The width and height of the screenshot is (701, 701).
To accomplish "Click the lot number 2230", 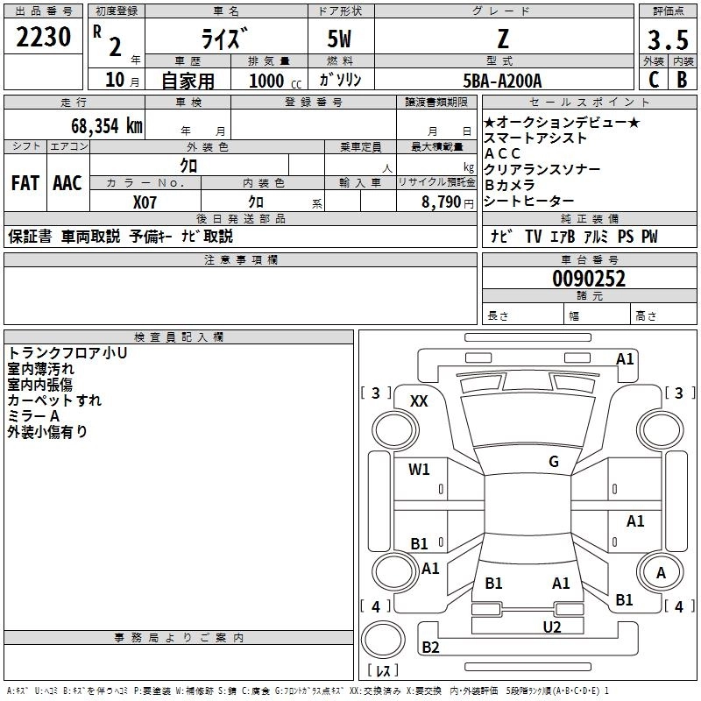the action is [43, 37].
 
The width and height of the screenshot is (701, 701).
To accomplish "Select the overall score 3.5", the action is [668, 39].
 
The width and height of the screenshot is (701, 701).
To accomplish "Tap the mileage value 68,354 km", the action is [107, 126].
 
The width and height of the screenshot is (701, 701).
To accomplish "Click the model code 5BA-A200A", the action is [502, 81].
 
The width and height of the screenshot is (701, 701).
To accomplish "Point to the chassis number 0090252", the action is [589, 279].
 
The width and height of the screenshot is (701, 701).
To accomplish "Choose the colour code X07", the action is [145, 202].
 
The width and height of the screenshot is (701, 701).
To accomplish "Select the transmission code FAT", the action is [25, 183].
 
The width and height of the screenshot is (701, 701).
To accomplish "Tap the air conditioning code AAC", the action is [67, 183].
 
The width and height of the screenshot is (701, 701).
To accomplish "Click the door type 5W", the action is [339, 39].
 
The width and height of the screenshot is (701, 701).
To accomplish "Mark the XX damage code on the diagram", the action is [419, 401].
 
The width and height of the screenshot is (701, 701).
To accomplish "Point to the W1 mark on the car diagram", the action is [419, 469].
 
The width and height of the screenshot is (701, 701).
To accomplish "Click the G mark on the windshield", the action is [554, 461].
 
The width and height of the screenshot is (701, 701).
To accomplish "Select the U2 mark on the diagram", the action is [552, 627].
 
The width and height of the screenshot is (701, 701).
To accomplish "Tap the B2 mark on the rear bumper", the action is [430, 647].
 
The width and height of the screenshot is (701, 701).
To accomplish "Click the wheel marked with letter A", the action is [661, 573].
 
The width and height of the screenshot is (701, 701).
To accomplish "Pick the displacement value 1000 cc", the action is [274, 81].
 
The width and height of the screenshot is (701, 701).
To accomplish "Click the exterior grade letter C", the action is [654, 80].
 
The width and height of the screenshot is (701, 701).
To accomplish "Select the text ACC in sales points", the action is [502, 153].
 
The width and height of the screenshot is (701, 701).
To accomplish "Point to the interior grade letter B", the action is [682, 80].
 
